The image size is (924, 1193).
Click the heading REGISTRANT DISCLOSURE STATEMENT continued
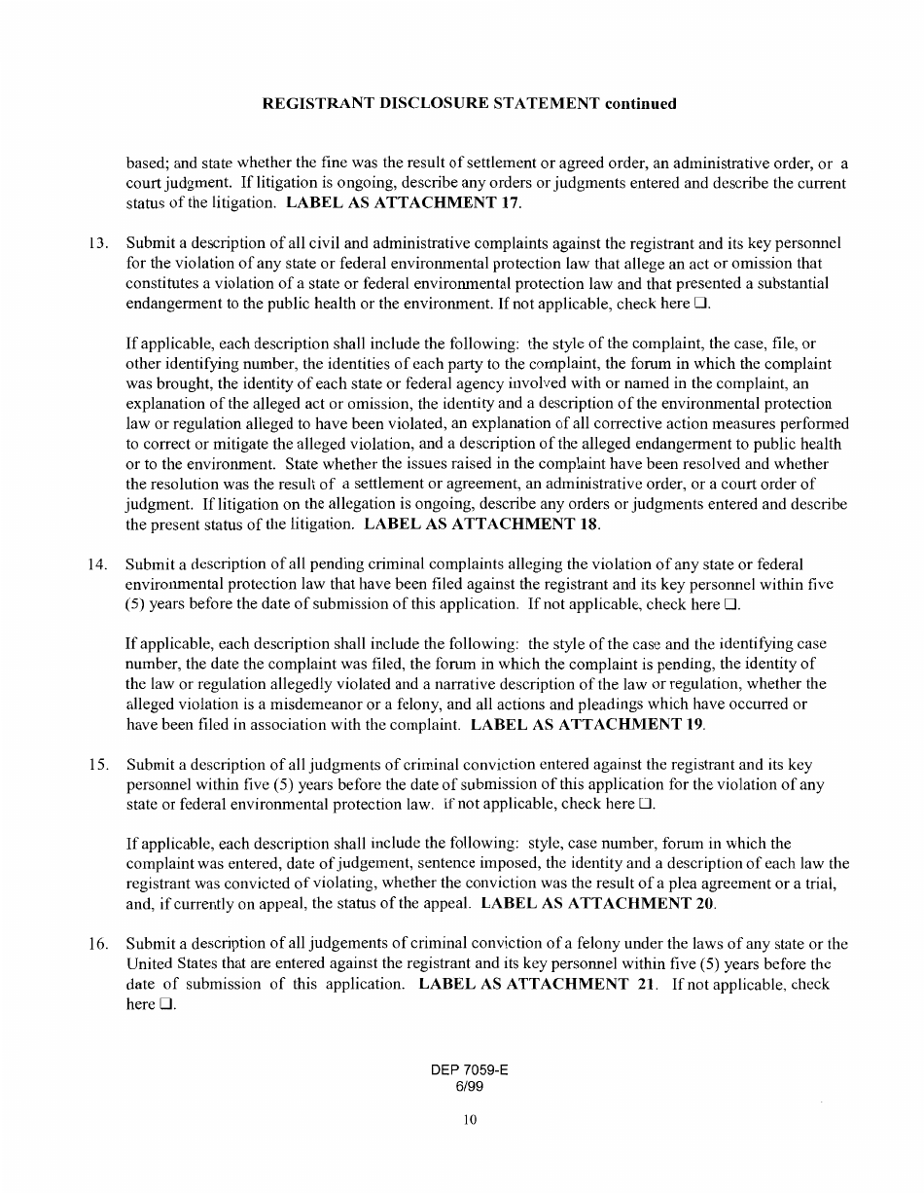click(x=469, y=103)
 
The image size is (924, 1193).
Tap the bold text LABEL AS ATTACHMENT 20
click(x=600, y=903)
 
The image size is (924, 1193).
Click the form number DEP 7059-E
click(x=469, y=1070)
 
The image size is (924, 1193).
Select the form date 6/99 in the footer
click(x=469, y=1086)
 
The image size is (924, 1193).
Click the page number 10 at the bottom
click(x=469, y=1121)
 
